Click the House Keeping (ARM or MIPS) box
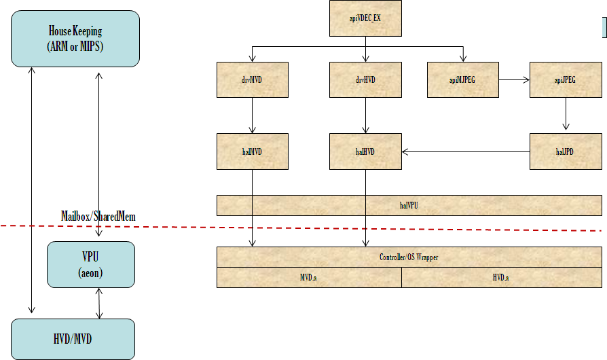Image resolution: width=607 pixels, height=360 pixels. (x=75, y=38)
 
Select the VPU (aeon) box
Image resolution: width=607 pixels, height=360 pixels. (x=91, y=264)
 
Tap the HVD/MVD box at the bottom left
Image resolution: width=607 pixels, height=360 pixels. (x=73, y=338)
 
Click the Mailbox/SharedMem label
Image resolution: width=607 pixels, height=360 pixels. (x=98, y=216)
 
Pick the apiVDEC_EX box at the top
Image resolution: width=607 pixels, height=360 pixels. (x=365, y=18)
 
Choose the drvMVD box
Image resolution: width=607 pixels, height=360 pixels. (x=253, y=79)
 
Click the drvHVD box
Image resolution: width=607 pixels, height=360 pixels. (x=365, y=79)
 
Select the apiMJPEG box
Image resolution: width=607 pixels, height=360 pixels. (x=463, y=79)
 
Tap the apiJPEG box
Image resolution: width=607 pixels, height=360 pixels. (x=565, y=79)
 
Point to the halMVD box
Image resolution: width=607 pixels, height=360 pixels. (x=253, y=151)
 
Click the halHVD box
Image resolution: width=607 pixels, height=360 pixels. (x=365, y=151)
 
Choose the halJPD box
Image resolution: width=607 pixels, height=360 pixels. (x=565, y=151)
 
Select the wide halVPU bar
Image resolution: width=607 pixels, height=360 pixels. (x=409, y=205)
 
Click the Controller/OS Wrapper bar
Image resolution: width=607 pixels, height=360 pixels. (x=409, y=257)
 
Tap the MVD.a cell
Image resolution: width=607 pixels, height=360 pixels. (x=309, y=278)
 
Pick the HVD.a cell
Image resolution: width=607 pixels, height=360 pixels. (x=501, y=278)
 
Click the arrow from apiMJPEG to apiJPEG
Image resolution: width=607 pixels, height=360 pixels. (x=514, y=79)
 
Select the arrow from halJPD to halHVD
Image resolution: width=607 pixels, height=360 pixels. (x=465, y=151)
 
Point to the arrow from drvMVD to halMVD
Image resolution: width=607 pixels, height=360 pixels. (x=253, y=115)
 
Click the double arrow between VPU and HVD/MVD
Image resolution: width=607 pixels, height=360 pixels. (x=100, y=303)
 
